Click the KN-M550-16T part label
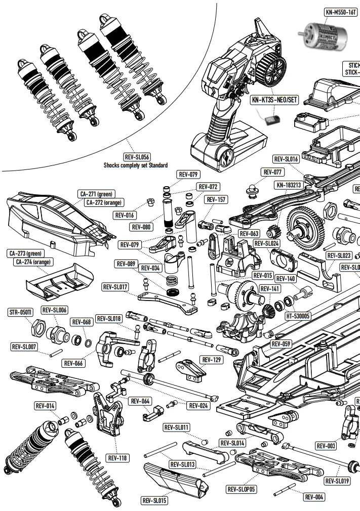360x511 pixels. [x=340, y=12]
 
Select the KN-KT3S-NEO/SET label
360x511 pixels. [x=274, y=100]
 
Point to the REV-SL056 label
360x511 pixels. [x=137, y=157]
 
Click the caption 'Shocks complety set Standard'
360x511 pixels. [x=136, y=165]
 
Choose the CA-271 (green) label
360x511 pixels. [x=96, y=194]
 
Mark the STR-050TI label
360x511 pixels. [x=21, y=312]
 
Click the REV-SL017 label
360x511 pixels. [x=116, y=287]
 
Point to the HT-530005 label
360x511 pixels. [x=298, y=316]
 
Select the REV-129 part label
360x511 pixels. [x=211, y=360]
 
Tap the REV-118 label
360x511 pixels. [x=117, y=458]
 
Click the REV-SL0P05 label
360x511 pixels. [x=242, y=489]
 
